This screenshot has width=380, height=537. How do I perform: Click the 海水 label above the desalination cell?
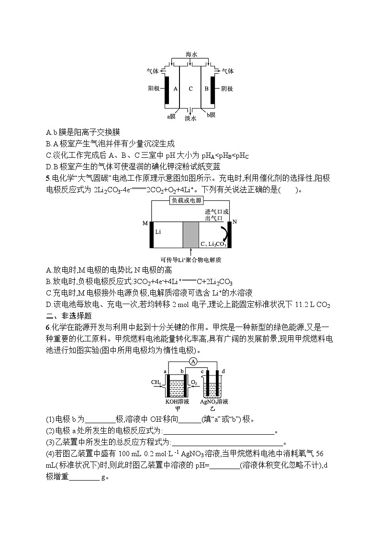[190, 55]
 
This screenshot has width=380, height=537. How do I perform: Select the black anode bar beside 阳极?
[167, 89]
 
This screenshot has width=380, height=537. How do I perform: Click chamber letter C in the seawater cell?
[190, 88]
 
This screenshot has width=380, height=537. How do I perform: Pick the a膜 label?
[172, 116]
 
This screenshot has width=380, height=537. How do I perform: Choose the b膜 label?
[211, 115]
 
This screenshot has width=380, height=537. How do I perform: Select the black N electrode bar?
[229, 235]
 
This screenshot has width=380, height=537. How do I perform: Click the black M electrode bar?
[152, 235]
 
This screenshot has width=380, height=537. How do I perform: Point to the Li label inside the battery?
[159, 231]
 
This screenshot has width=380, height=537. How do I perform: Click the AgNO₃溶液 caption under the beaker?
[214, 402]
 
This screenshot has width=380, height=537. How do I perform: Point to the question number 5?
[48, 178]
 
